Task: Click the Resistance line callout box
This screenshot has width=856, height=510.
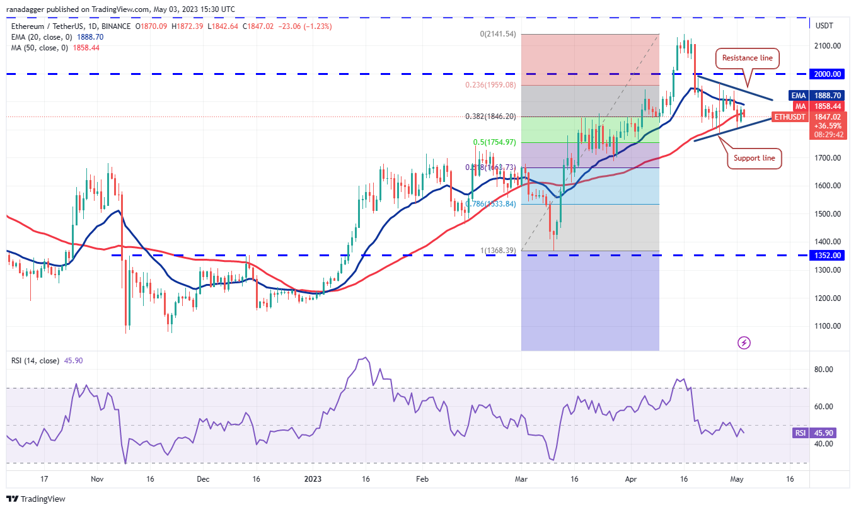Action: point(747,58)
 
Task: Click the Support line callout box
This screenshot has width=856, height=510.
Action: point(755,158)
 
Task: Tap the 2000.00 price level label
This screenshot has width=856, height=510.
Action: point(828,74)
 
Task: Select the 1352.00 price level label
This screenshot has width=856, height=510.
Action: point(828,255)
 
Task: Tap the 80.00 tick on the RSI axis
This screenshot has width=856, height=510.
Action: point(824,370)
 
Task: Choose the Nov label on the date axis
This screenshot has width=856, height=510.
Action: point(96,479)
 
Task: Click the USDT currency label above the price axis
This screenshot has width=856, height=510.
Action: point(824,26)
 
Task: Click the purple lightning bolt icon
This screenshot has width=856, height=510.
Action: point(744,343)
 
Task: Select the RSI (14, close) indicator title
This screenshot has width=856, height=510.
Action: point(35,361)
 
